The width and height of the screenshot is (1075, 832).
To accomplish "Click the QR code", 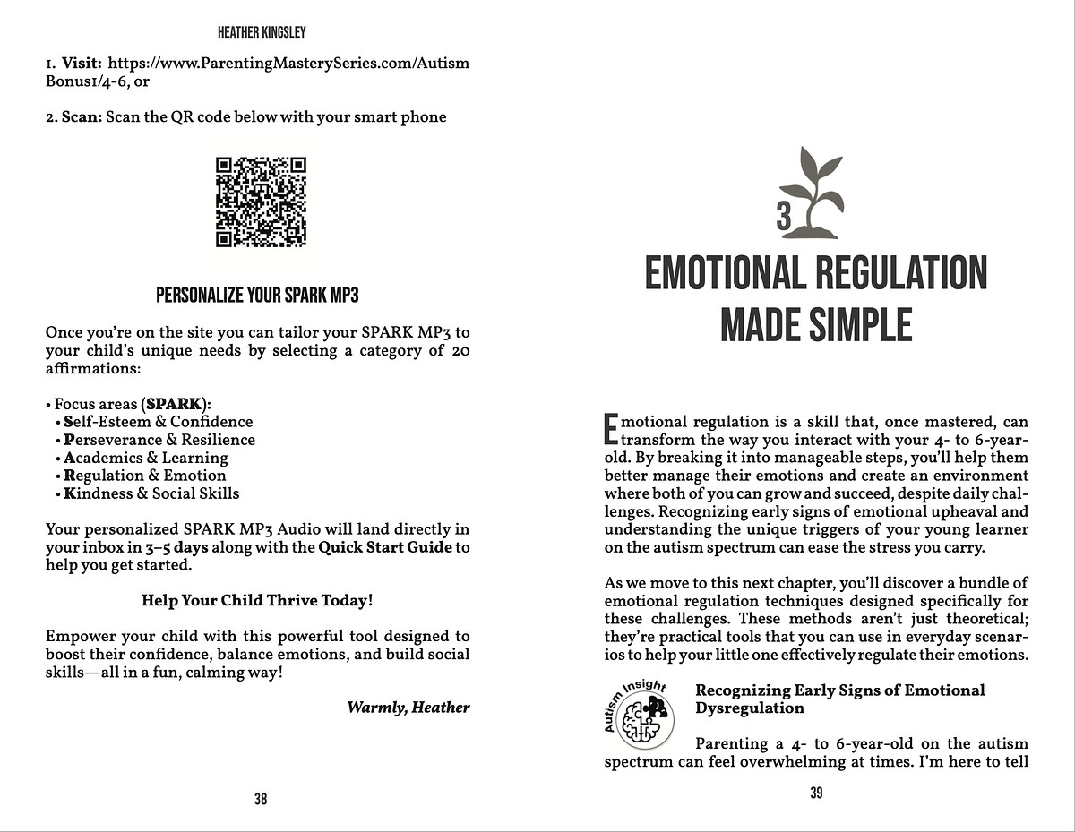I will pos(261,202).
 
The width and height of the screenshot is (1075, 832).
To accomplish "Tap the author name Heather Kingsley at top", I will pos(261,32).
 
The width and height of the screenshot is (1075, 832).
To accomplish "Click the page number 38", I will pos(261,800).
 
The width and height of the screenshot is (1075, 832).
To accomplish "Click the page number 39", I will pos(816,793).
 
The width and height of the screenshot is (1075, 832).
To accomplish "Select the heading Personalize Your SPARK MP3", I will pos(257,296).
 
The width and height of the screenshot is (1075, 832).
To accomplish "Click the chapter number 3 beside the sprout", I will pos(784,217).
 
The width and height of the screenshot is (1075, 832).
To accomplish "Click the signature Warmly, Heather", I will pos(408,708).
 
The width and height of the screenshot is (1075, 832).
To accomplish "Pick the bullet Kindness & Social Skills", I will pos(151,493).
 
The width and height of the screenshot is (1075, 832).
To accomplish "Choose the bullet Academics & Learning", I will pos(145,458).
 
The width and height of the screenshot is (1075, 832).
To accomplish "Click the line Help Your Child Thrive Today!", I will pos(257,601).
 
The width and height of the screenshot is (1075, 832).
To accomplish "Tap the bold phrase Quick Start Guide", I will pos(385,547).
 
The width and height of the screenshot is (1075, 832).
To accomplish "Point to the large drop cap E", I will pos(612,428).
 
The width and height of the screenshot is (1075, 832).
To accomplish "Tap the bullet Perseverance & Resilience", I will pos(159,440).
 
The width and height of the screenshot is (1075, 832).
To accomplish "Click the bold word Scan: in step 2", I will pos(81,117).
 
